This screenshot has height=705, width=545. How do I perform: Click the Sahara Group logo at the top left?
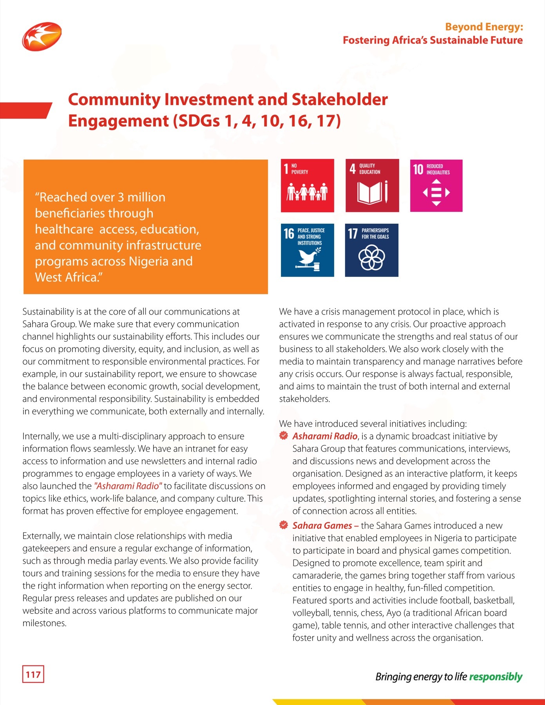coord(42,36)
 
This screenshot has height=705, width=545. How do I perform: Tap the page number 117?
coord(33,674)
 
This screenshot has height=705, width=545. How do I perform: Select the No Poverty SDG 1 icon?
coord(307,186)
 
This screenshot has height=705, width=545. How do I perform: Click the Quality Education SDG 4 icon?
coord(372,186)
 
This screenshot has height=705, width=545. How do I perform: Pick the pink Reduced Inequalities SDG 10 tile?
coord(436,186)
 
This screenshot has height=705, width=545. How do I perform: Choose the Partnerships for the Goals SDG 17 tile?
coord(371,250)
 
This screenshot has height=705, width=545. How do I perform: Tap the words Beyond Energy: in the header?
coord(484,27)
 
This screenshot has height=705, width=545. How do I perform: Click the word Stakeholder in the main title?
coord(339,99)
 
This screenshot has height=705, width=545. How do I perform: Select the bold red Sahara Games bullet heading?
coord(322,526)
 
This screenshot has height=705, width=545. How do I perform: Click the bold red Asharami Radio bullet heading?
coord(324,436)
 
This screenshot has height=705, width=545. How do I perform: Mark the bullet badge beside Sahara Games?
coord(284,525)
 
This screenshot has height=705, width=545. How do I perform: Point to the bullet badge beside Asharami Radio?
coord(284,436)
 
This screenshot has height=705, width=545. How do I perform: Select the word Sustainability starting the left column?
coord(48,312)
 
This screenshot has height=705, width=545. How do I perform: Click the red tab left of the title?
coord(24,110)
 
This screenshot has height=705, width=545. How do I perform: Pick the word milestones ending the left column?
coord(44,623)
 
